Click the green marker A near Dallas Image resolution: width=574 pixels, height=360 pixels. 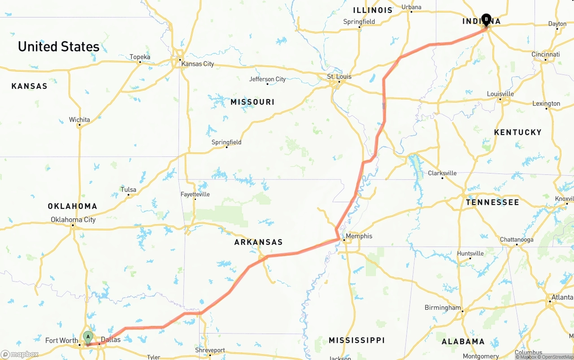(88, 337)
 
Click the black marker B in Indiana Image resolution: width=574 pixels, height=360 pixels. (486, 19)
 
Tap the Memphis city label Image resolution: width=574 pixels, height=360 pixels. (359, 236)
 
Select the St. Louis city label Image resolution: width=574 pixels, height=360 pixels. (339, 77)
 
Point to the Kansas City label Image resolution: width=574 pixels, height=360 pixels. (197, 64)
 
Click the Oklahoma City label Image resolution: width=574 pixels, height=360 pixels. (73, 220)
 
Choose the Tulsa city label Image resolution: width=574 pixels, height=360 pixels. (128, 190)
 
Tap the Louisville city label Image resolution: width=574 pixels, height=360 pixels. (500, 94)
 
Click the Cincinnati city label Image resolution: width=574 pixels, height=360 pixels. (545, 54)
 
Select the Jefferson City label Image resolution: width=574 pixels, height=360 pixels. (267, 79)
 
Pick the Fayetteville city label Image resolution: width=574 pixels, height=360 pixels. (195, 194)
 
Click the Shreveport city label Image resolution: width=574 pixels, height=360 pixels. (210, 350)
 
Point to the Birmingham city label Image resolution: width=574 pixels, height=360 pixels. (443, 308)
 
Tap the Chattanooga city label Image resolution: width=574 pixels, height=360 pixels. (517, 240)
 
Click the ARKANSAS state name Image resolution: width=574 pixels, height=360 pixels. (258, 242)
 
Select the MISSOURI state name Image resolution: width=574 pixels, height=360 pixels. (252, 102)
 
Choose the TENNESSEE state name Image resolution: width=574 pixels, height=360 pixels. (492, 202)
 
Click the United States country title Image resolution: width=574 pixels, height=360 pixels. (59, 47)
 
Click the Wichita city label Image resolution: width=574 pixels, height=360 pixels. (79, 120)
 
